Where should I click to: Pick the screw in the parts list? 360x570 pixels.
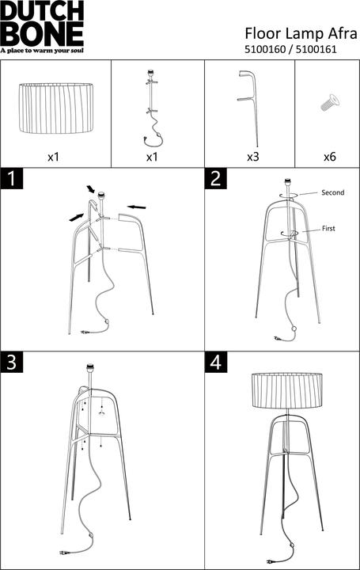(x=327, y=102)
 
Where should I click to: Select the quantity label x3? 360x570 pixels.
(x=252, y=157)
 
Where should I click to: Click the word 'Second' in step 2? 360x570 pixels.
(x=332, y=192)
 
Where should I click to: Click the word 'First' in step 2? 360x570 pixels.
(x=328, y=228)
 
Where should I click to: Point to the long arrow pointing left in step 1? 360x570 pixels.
(x=136, y=206)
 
